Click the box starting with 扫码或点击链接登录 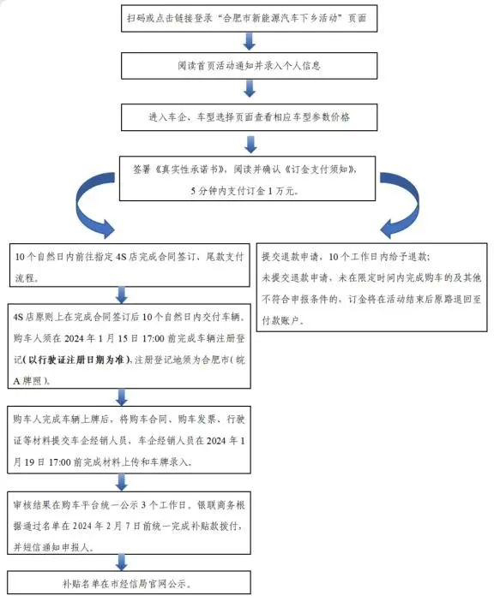coord(248,17)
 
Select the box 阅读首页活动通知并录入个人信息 coord(248,65)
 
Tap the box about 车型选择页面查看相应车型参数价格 coord(248,116)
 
